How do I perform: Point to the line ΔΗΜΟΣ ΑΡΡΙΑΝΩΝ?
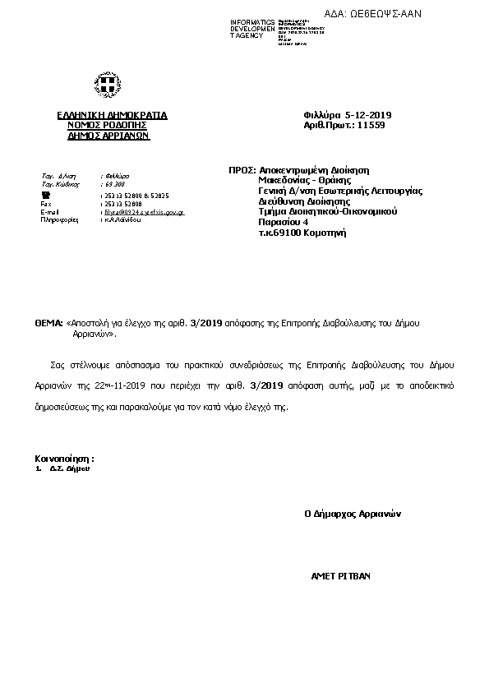[109, 136]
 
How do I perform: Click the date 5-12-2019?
[370, 116]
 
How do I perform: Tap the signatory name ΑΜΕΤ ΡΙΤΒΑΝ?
[340, 576]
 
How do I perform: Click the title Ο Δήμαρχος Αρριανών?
[352, 514]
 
